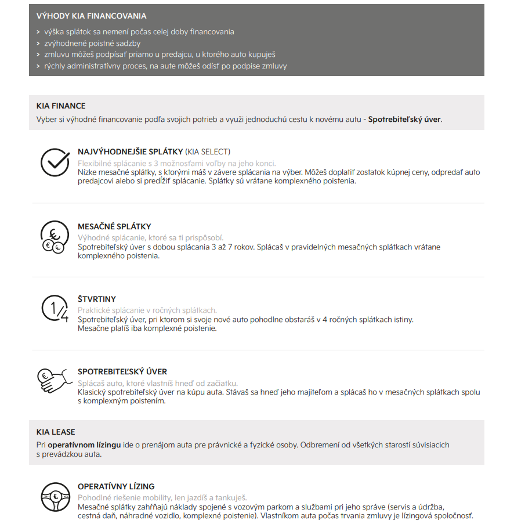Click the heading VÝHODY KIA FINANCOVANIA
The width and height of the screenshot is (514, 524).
(x=91, y=16)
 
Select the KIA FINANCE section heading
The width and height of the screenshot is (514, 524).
(x=61, y=106)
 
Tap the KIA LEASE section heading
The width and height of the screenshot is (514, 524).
(x=56, y=432)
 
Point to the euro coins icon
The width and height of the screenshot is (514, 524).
(x=55, y=238)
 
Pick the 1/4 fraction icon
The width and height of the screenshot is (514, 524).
(x=55, y=309)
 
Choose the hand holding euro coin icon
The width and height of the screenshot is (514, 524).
(x=52, y=381)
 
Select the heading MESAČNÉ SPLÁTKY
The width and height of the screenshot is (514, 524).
(x=114, y=227)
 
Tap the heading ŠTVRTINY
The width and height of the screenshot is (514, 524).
(x=97, y=299)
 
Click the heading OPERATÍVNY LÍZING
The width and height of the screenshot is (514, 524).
(x=116, y=487)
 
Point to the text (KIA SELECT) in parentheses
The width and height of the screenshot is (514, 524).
(x=208, y=152)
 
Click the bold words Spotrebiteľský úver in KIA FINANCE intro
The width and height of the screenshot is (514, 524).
(x=404, y=120)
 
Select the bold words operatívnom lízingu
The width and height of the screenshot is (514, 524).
(x=84, y=445)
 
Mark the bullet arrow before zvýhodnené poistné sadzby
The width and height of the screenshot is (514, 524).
(x=38, y=44)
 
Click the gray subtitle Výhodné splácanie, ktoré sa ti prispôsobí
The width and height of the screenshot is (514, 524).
(x=150, y=238)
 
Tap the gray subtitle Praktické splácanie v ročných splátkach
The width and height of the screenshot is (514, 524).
(x=147, y=310)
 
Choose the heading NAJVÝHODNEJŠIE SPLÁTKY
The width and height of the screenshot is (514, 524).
(x=131, y=152)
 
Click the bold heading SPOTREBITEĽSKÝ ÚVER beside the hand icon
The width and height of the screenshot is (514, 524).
(x=122, y=372)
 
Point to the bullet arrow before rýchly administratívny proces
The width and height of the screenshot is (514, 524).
(x=38, y=66)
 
